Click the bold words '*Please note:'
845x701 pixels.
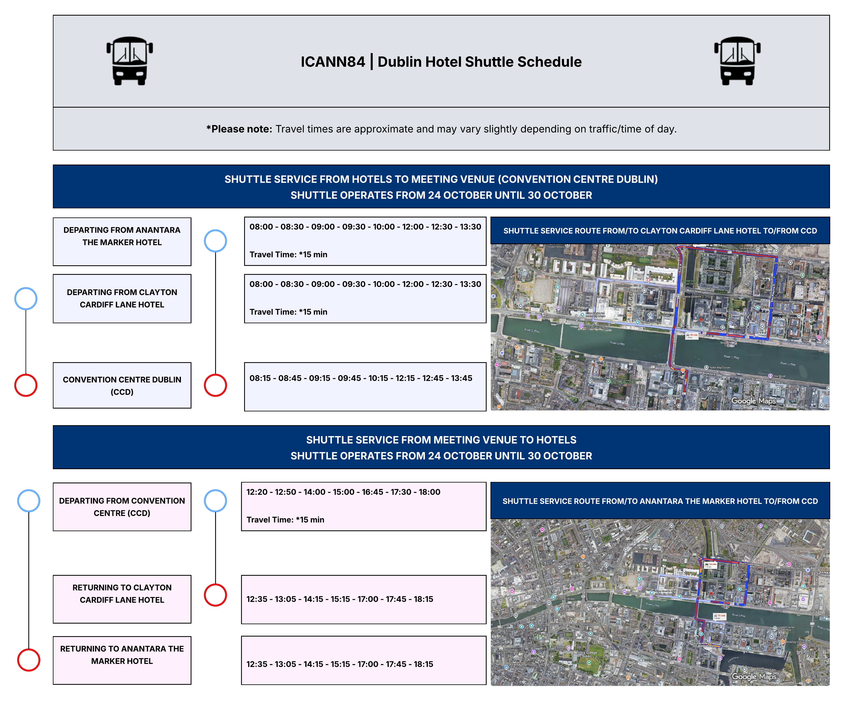[x=239, y=129]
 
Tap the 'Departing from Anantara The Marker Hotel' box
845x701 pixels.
[x=122, y=241]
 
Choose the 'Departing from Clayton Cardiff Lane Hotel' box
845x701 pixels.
[x=122, y=299]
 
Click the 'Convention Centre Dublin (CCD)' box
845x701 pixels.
[x=122, y=385]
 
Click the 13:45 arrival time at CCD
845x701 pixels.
[x=461, y=378]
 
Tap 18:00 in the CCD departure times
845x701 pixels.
[x=429, y=492]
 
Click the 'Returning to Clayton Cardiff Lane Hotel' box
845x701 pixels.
[x=122, y=599]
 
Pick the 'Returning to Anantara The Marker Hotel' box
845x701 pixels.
[x=122, y=660]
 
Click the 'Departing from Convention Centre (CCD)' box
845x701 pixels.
[x=122, y=507]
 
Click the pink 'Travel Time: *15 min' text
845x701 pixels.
[x=285, y=520]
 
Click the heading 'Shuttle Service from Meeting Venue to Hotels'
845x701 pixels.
[x=441, y=440]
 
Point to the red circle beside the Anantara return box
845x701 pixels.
[x=29, y=660]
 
